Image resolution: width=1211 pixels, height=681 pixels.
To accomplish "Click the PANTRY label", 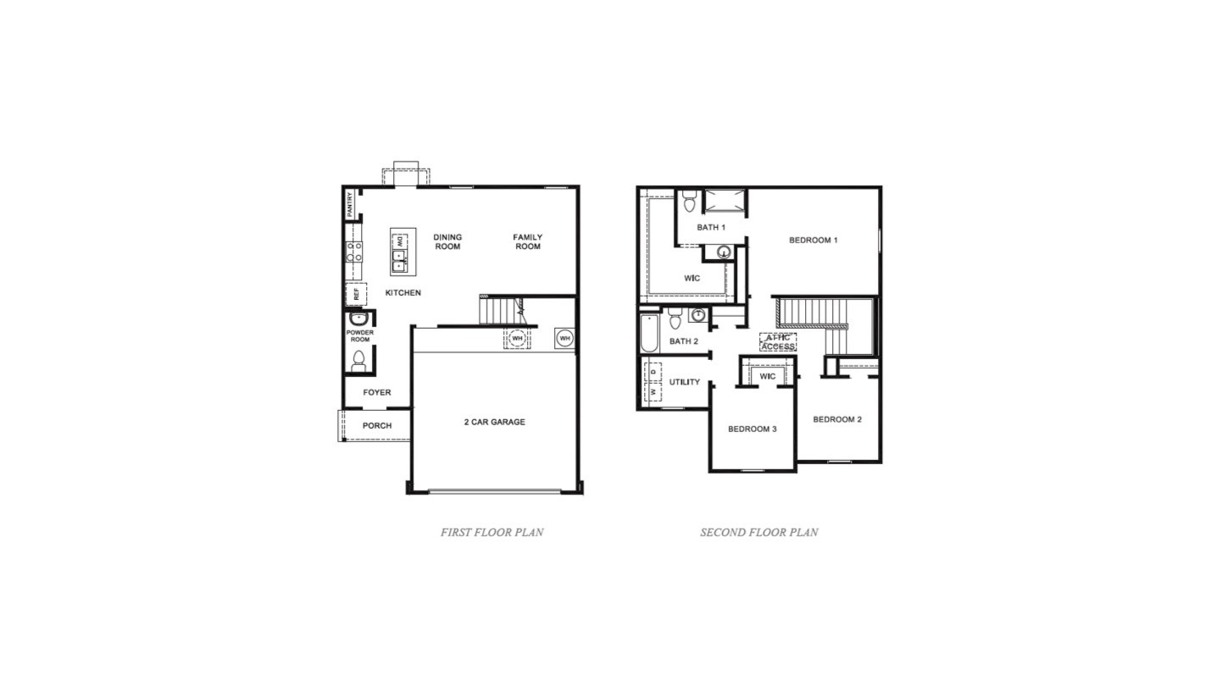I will pos(349,204).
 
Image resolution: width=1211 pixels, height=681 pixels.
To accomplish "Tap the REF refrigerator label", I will pos(357,295).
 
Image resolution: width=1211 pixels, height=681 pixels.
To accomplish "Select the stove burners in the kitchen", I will pos(353,252).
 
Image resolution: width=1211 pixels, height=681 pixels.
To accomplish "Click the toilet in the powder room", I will pos(358,359).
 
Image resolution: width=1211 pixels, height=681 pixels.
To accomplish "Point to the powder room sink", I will pos(359,318).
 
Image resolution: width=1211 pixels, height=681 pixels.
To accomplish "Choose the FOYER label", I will pos(377,393).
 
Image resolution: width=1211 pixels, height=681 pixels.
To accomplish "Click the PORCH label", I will pos(377,425).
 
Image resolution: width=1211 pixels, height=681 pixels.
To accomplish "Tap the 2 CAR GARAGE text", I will pos(494,422).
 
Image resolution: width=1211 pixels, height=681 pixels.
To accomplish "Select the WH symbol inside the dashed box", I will pos(517,338).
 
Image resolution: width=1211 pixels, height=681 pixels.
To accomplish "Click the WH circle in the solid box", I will pos(564,338).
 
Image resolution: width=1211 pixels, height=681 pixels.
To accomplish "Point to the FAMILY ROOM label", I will pos(527,242).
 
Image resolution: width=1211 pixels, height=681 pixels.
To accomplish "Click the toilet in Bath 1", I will pos(689,202).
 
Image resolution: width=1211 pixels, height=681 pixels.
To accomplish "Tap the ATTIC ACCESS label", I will pos(778,342).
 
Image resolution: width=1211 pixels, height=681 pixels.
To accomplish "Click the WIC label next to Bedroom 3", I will pos(768,377).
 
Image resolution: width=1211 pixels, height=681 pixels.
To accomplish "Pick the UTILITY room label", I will pos(685,382).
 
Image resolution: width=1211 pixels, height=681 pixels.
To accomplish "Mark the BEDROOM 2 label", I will pos(837,419).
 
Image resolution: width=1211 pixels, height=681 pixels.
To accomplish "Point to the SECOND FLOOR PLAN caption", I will pos(758,533).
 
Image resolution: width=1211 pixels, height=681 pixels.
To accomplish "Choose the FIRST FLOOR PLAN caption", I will pos(492,533).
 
